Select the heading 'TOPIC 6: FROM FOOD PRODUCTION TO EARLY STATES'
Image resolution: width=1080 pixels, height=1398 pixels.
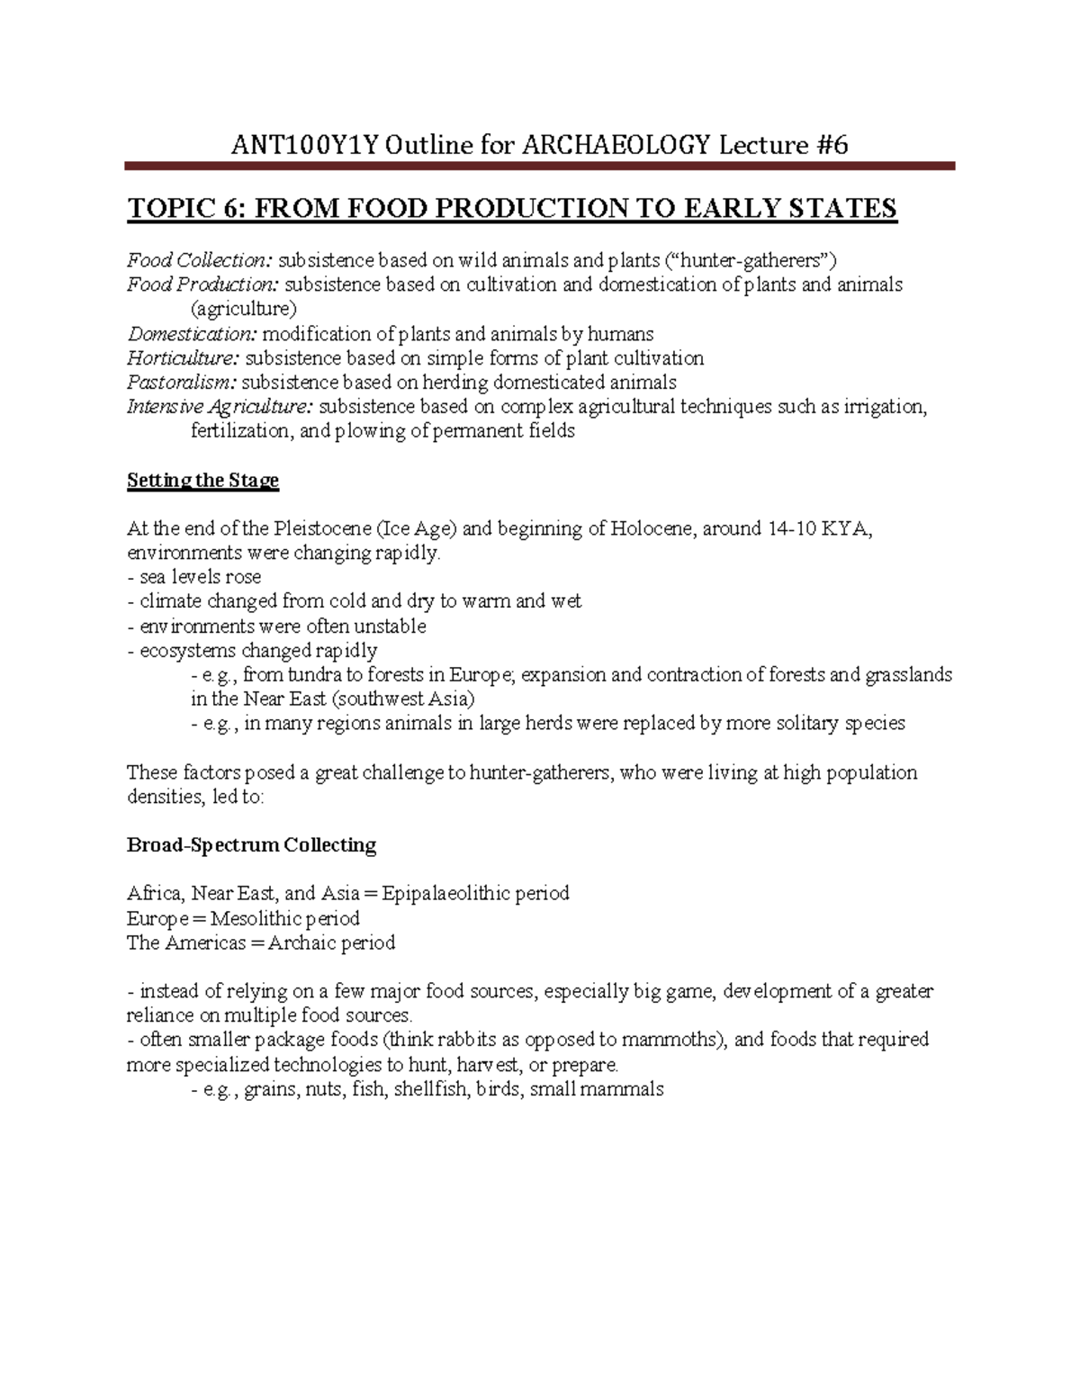512,209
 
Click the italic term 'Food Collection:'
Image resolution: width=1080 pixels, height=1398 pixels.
199,261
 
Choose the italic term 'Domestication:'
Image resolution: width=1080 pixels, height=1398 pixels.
192,334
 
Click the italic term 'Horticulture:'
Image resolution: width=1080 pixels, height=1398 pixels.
184,358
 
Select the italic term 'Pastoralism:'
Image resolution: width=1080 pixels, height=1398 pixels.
182,383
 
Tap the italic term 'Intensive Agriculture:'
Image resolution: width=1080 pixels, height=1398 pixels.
220,407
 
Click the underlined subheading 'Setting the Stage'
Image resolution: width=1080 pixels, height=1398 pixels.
202,481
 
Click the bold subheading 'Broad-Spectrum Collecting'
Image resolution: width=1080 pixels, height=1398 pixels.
251,845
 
